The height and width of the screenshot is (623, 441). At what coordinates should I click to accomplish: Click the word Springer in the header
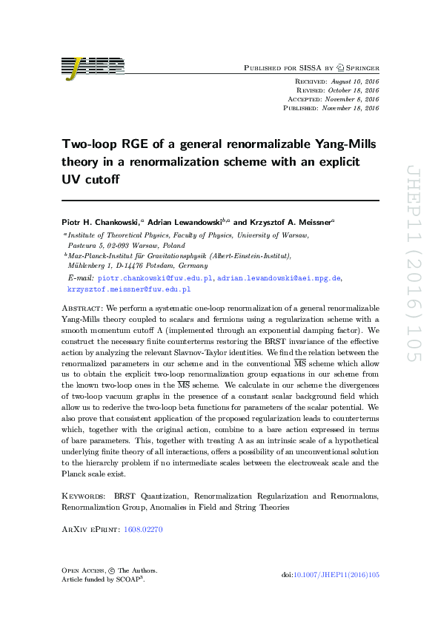(362, 67)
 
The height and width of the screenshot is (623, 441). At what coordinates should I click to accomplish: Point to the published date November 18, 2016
(351, 107)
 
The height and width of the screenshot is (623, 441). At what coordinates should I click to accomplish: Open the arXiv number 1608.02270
(145, 529)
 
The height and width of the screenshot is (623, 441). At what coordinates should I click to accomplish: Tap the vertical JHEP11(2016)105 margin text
(413, 263)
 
